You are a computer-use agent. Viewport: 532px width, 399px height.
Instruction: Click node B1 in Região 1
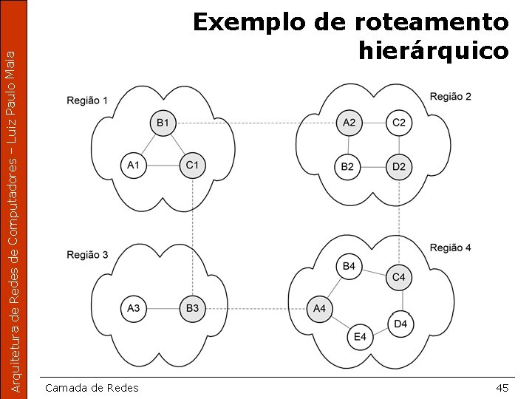click(163, 123)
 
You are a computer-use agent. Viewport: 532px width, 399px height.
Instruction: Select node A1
click(133, 166)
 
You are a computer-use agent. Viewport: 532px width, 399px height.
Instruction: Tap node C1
click(192, 166)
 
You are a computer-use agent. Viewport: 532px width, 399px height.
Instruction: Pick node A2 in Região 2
click(349, 123)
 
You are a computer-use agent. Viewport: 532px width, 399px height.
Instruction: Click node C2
click(399, 123)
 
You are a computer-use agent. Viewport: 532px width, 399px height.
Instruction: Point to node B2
click(347, 167)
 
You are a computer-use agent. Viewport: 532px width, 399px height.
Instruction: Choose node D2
click(399, 167)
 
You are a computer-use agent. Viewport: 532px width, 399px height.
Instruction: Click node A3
click(133, 308)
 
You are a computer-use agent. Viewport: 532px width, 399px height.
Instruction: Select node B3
click(192, 308)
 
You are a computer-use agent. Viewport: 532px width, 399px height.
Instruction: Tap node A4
click(319, 308)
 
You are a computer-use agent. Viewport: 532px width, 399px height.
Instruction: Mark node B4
click(349, 266)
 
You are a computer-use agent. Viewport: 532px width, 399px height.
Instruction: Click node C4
click(399, 278)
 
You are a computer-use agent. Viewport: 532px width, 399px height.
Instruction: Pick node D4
click(400, 324)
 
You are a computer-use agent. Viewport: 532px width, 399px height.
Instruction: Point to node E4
click(360, 337)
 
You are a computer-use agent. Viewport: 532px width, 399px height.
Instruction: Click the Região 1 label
click(87, 100)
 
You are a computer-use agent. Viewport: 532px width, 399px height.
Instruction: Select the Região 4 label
click(450, 248)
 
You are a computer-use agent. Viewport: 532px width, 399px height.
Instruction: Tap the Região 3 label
click(87, 255)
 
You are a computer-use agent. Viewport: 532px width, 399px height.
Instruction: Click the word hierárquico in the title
click(433, 51)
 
